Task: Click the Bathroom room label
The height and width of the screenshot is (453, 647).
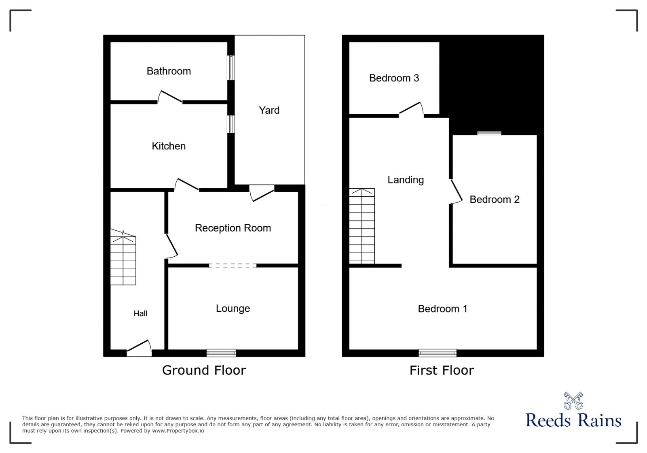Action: click(x=169, y=71)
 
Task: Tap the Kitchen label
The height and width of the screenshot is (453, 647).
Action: click(x=169, y=146)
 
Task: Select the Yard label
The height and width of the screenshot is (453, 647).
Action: click(x=269, y=110)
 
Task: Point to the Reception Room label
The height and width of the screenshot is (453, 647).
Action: click(x=233, y=228)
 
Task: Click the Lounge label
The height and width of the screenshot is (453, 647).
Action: click(x=233, y=308)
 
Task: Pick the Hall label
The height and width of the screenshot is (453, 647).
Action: click(x=140, y=313)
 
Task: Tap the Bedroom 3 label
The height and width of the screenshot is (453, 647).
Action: click(x=394, y=78)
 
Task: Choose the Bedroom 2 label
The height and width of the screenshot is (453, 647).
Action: click(x=494, y=199)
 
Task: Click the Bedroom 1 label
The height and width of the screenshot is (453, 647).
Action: click(x=442, y=309)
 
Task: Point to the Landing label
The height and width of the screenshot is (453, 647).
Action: click(x=406, y=180)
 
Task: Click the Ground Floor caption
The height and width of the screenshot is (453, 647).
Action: click(x=204, y=370)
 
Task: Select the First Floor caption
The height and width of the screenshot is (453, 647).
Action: click(x=442, y=370)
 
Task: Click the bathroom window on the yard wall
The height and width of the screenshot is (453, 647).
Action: click(x=230, y=68)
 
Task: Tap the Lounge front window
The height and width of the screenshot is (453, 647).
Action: click(x=221, y=353)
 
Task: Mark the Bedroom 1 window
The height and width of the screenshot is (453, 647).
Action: click(x=438, y=353)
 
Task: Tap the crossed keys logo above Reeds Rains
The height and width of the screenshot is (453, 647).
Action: click(x=573, y=401)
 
